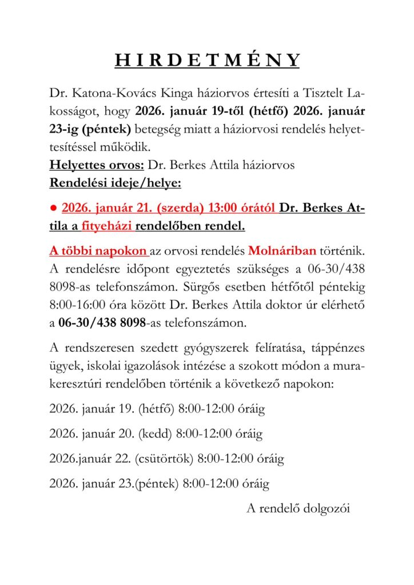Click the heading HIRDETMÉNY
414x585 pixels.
click(x=207, y=61)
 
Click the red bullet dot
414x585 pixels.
click(x=53, y=209)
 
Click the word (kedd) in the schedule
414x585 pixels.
click(x=154, y=434)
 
